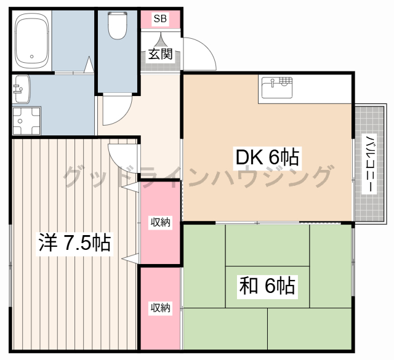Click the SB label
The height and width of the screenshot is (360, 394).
point(160,18)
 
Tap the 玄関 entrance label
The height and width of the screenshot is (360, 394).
point(160,54)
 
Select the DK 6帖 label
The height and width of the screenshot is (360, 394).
point(267,158)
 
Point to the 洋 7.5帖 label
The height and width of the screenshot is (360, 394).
point(74,242)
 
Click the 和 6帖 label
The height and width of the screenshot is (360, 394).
point(267,286)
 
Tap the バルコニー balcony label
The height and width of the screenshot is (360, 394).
point(369,164)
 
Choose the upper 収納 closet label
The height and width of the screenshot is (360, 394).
point(160,222)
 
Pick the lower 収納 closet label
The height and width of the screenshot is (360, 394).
point(160,308)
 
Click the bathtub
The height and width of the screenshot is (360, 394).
point(31,41)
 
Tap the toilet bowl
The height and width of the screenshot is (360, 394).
point(118,25)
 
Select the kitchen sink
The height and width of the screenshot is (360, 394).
point(277,87)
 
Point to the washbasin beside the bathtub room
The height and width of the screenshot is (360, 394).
point(22,89)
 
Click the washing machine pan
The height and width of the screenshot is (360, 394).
point(26,121)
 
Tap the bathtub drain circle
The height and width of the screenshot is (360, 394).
point(31,57)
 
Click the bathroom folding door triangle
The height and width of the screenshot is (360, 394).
point(89,65)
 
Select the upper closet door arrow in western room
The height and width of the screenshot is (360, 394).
point(130,187)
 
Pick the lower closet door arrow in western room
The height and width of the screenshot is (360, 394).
point(130,258)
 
